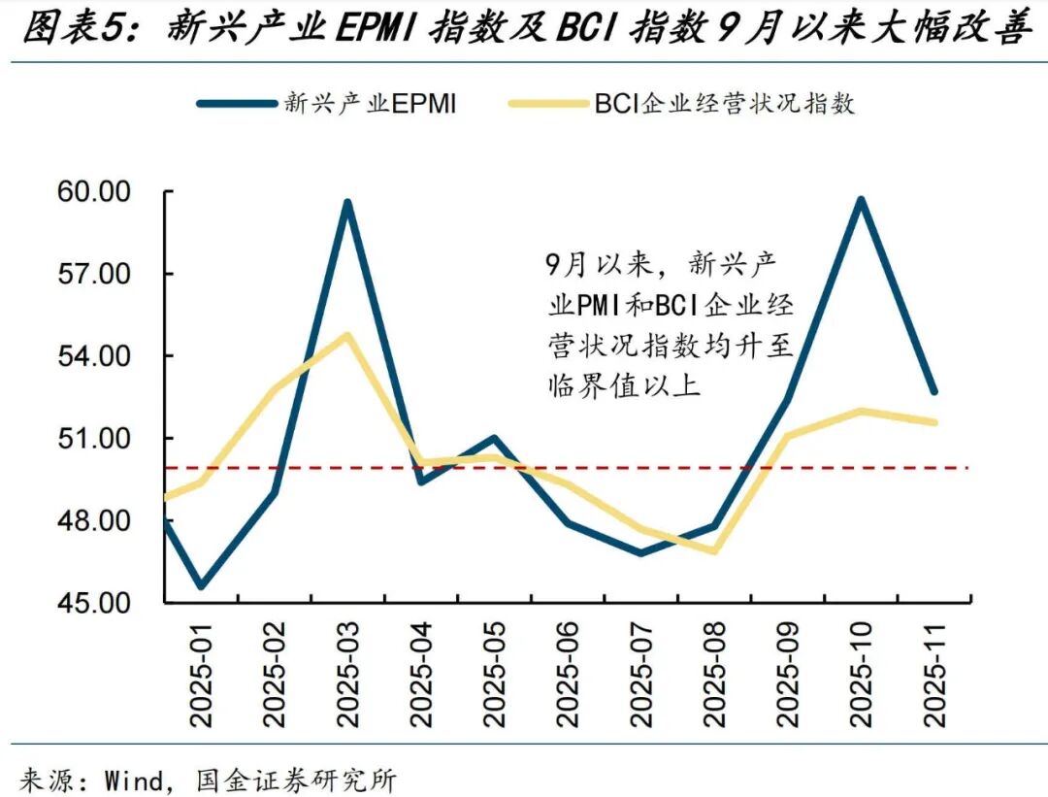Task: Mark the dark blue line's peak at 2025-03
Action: (x=346, y=202)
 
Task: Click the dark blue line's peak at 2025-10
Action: (x=860, y=200)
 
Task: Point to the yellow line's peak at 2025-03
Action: (x=346, y=336)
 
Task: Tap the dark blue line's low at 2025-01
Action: (x=201, y=586)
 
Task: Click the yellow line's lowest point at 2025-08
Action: (x=714, y=550)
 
